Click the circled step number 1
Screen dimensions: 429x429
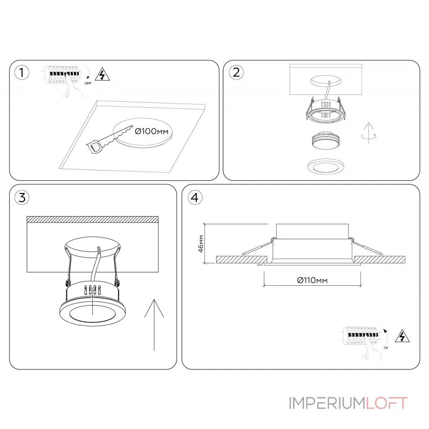[21, 73]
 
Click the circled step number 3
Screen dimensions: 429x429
[21, 197]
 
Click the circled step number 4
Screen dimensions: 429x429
[195, 197]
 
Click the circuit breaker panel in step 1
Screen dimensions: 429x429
[63, 76]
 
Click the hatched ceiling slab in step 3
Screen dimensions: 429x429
[92, 219]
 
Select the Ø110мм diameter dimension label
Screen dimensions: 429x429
[312, 280]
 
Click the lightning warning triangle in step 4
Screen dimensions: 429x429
[400, 336]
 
